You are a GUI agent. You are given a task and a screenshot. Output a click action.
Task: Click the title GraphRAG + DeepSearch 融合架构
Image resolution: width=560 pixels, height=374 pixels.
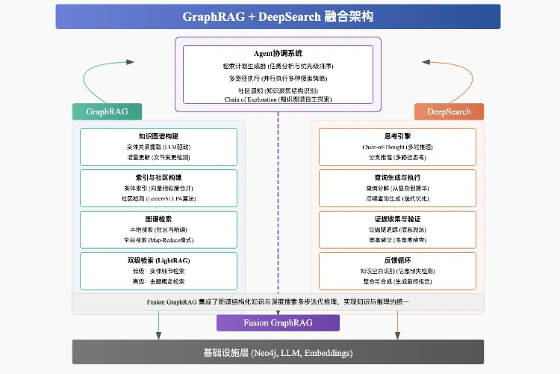(278, 16)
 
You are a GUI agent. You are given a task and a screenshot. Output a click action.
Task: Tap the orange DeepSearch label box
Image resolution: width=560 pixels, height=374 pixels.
(449, 111)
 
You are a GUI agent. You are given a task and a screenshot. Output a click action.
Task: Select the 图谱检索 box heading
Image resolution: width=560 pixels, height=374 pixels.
(158, 218)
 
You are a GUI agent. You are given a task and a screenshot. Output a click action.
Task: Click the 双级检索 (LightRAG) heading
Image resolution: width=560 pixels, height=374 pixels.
(158, 260)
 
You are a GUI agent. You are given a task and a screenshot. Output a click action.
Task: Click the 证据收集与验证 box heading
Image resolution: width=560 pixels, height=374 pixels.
(396, 218)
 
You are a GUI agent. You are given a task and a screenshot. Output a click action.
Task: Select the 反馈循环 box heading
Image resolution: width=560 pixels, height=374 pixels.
(396, 260)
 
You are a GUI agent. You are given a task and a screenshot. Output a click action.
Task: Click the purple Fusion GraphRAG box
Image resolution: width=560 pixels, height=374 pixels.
(278, 322)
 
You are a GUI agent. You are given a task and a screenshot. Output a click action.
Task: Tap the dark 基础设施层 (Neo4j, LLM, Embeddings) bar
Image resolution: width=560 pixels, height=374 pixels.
(278, 352)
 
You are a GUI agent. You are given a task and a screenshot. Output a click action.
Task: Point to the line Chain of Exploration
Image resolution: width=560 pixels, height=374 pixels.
(278, 99)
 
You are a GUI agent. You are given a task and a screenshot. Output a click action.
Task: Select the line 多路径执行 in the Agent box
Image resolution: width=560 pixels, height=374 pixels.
(278, 78)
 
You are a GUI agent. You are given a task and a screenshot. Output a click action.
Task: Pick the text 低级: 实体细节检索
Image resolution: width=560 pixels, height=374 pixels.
(158, 272)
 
